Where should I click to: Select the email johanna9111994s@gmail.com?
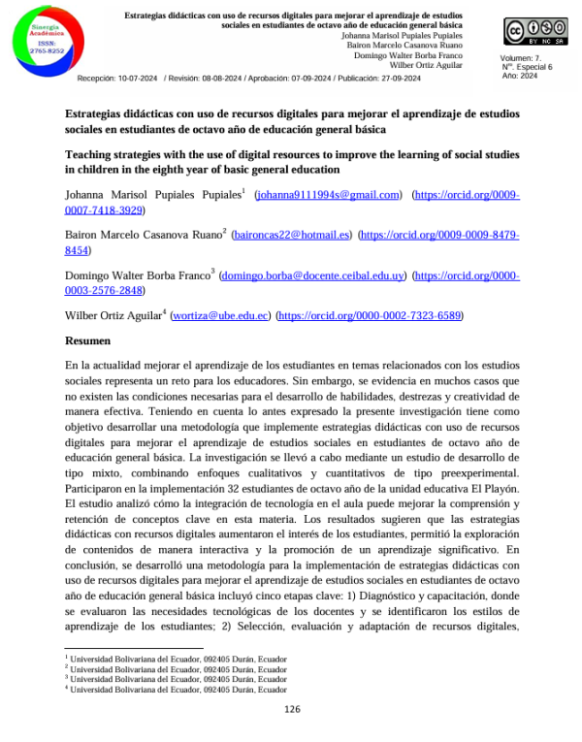pyautogui.click(x=327, y=195)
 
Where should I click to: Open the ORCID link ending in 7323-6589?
pyautogui.click(x=371, y=315)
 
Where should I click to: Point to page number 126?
pyautogui.click(x=292, y=709)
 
